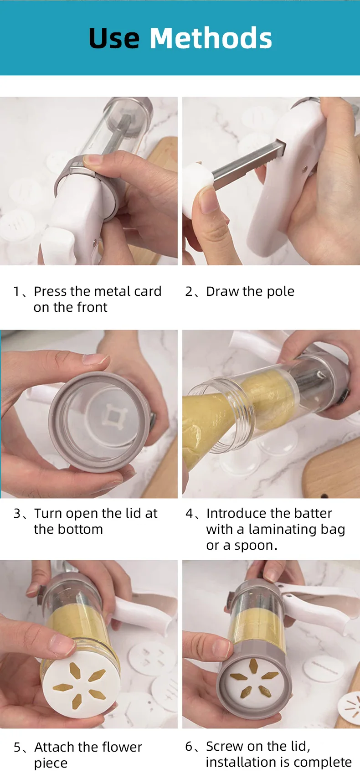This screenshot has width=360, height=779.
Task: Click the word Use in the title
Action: tap(114, 38)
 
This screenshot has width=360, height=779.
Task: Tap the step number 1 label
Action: tap(17, 291)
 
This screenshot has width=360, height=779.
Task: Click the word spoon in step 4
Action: tap(256, 546)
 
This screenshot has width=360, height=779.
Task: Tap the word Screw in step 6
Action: tap(225, 746)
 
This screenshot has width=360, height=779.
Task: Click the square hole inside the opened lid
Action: tap(113, 415)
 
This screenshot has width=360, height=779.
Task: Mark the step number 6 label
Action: tap(189, 746)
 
